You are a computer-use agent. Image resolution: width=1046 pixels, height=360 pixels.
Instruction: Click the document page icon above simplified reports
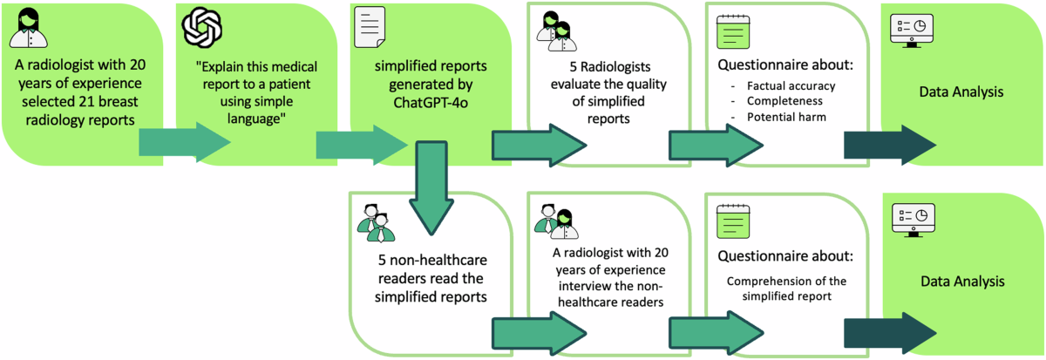click(x=366, y=31)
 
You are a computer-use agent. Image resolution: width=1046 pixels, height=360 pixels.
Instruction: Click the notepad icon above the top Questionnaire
click(x=731, y=32)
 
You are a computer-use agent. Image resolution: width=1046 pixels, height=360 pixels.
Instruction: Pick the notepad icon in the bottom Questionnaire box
click(x=731, y=221)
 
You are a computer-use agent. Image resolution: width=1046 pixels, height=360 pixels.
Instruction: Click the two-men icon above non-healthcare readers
click(x=376, y=222)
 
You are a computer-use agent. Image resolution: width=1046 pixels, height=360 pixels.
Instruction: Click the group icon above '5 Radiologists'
click(x=557, y=32)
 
